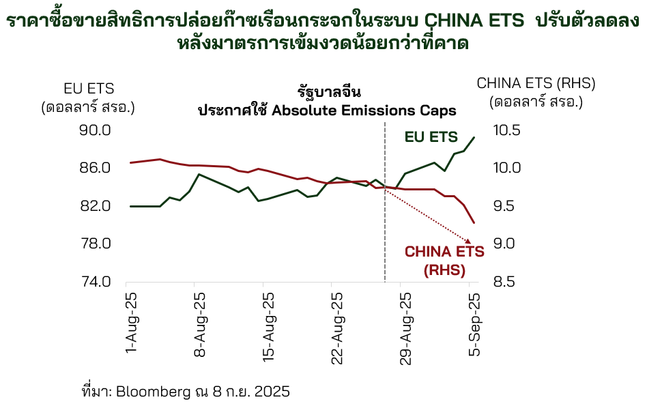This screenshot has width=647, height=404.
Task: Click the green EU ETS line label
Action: pyautogui.click(x=431, y=137)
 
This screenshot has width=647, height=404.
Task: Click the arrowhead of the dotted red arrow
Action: pyautogui.click(x=468, y=241)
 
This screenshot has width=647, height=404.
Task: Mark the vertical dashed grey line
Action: pyautogui.click(x=385, y=205)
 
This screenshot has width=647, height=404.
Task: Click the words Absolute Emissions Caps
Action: pyautogui.click(x=364, y=110)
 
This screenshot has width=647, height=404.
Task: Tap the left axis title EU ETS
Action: pyautogui.click(x=89, y=88)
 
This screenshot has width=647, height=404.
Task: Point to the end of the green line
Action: pyautogui.click(x=474, y=137)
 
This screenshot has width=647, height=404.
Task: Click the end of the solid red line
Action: pyautogui.click(x=474, y=222)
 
